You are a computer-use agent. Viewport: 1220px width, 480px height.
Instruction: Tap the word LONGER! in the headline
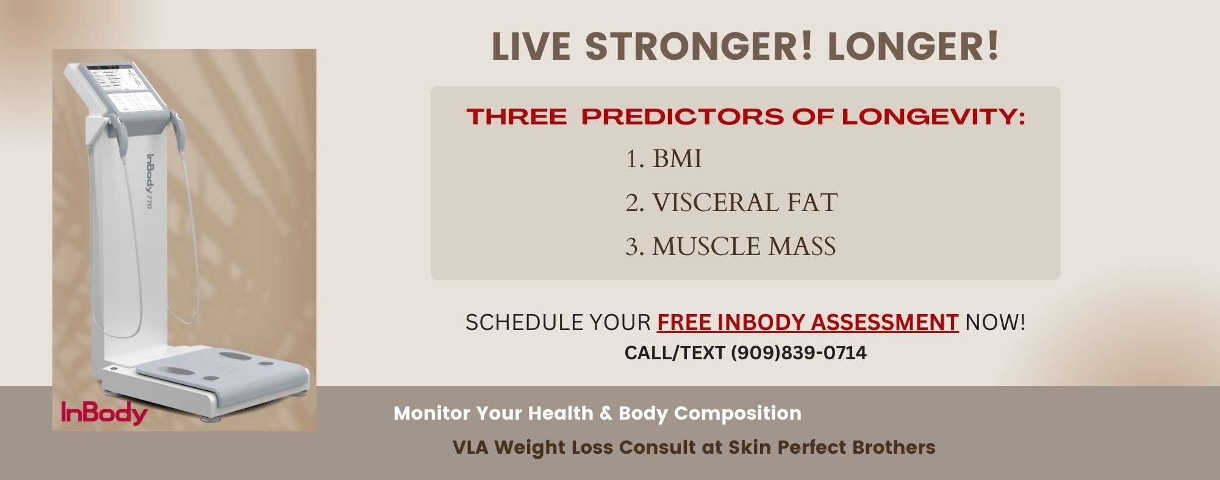point(913,46)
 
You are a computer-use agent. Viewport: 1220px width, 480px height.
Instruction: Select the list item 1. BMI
point(663,159)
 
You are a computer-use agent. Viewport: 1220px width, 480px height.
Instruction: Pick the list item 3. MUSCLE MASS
point(730,246)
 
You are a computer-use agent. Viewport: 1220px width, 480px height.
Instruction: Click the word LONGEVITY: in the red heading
point(933,116)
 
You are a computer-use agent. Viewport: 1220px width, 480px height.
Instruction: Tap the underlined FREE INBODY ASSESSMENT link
point(807,322)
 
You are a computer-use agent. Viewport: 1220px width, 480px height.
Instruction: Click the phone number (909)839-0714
point(798,353)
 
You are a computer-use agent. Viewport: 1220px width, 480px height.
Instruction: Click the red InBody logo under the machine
point(104,413)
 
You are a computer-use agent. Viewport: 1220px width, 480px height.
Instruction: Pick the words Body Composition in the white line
point(709,413)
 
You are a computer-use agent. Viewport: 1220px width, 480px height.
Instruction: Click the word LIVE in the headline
point(531,46)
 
